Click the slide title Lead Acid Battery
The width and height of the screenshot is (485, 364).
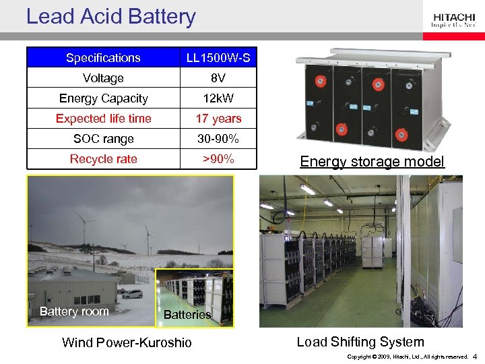pyautogui.click(x=110, y=16)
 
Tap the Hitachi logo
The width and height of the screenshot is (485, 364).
pyautogui.click(x=453, y=21)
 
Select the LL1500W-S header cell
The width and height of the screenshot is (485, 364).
pyautogui.click(x=218, y=58)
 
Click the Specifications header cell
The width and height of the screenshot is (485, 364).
pyautogui.click(x=103, y=58)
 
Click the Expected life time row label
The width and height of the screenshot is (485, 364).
pyautogui.click(x=103, y=119)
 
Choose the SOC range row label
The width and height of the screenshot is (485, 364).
pyautogui.click(x=103, y=139)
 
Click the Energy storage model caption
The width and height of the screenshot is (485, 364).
pyautogui.click(x=372, y=161)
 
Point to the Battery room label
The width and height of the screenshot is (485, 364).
pyautogui.click(x=74, y=311)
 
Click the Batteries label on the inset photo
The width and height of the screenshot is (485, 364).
pyautogui.click(x=187, y=315)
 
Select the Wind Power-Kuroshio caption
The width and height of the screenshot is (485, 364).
pyautogui.click(x=127, y=342)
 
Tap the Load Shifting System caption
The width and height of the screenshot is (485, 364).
pyautogui.click(x=360, y=342)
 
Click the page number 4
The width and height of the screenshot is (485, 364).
pyautogui.click(x=475, y=356)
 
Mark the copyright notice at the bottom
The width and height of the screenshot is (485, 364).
pyautogui.click(x=407, y=357)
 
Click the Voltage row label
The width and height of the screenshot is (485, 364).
pyautogui.click(x=103, y=78)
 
